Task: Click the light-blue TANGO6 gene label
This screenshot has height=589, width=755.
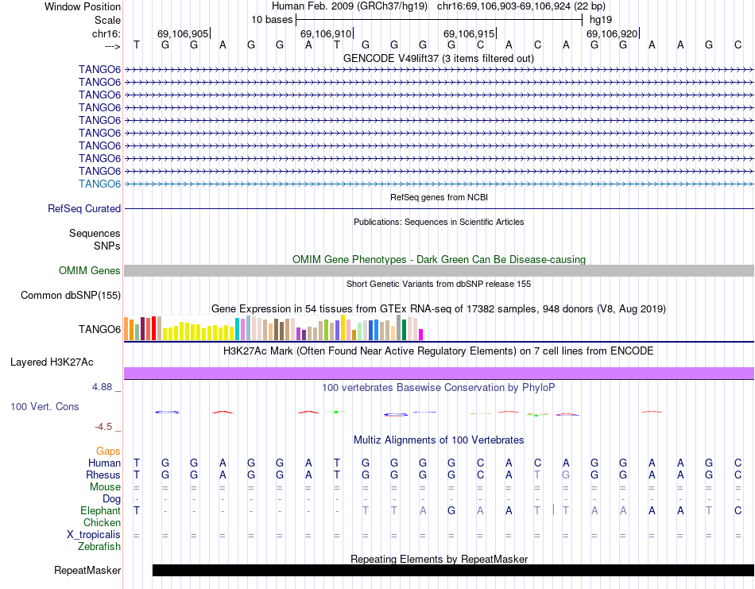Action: [99, 184]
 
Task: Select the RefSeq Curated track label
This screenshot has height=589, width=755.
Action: [84, 208]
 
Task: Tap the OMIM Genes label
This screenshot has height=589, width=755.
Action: [90, 271]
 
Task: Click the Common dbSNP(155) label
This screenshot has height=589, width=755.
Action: [71, 296]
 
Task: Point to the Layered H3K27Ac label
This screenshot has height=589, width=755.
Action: [52, 362]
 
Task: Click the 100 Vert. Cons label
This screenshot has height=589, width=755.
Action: [45, 406]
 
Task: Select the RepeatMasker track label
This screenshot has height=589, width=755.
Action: [87, 570]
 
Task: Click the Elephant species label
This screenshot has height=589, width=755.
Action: [100, 510]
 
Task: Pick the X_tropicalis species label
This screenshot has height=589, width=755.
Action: [94, 535]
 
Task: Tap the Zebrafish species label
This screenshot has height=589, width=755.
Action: [99, 547]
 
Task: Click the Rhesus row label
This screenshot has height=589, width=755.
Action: [103, 475]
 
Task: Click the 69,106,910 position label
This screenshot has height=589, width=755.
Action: [326, 34]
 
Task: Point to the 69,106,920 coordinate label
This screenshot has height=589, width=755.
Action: [612, 34]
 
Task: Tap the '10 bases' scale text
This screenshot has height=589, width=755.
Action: [272, 18]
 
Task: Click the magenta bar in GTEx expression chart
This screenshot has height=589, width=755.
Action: [421, 334]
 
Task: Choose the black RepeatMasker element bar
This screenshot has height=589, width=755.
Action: [453, 570]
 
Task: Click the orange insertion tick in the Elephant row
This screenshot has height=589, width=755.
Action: [552, 510]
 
